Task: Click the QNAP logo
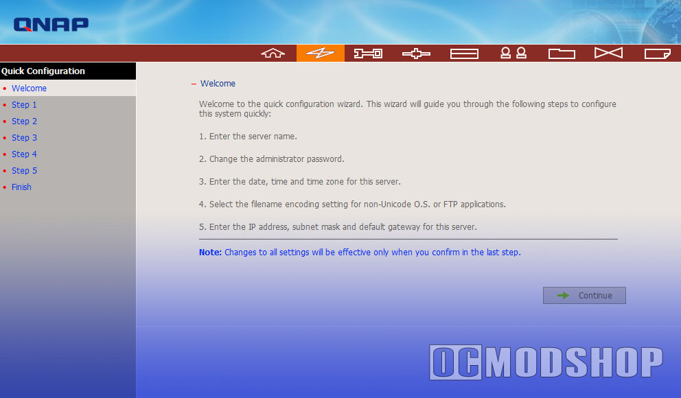[51, 24]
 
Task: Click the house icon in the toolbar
[273, 53]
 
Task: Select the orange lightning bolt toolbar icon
[321, 53]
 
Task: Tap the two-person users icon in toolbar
[513, 53]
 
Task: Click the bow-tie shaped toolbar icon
[608, 53]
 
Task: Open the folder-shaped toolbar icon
[562, 54]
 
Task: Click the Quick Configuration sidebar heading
[43, 71]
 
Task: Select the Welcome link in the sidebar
[29, 88]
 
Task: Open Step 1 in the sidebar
[24, 104]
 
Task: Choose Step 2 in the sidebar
[24, 121]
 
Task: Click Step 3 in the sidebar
[24, 138]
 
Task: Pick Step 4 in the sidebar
[24, 154]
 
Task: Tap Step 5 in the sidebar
[24, 171]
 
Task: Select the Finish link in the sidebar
[21, 187]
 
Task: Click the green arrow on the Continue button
[564, 296]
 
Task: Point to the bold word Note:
[210, 252]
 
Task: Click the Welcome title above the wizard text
[218, 83]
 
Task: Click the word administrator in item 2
[280, 159]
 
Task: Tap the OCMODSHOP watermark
[546, 362]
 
